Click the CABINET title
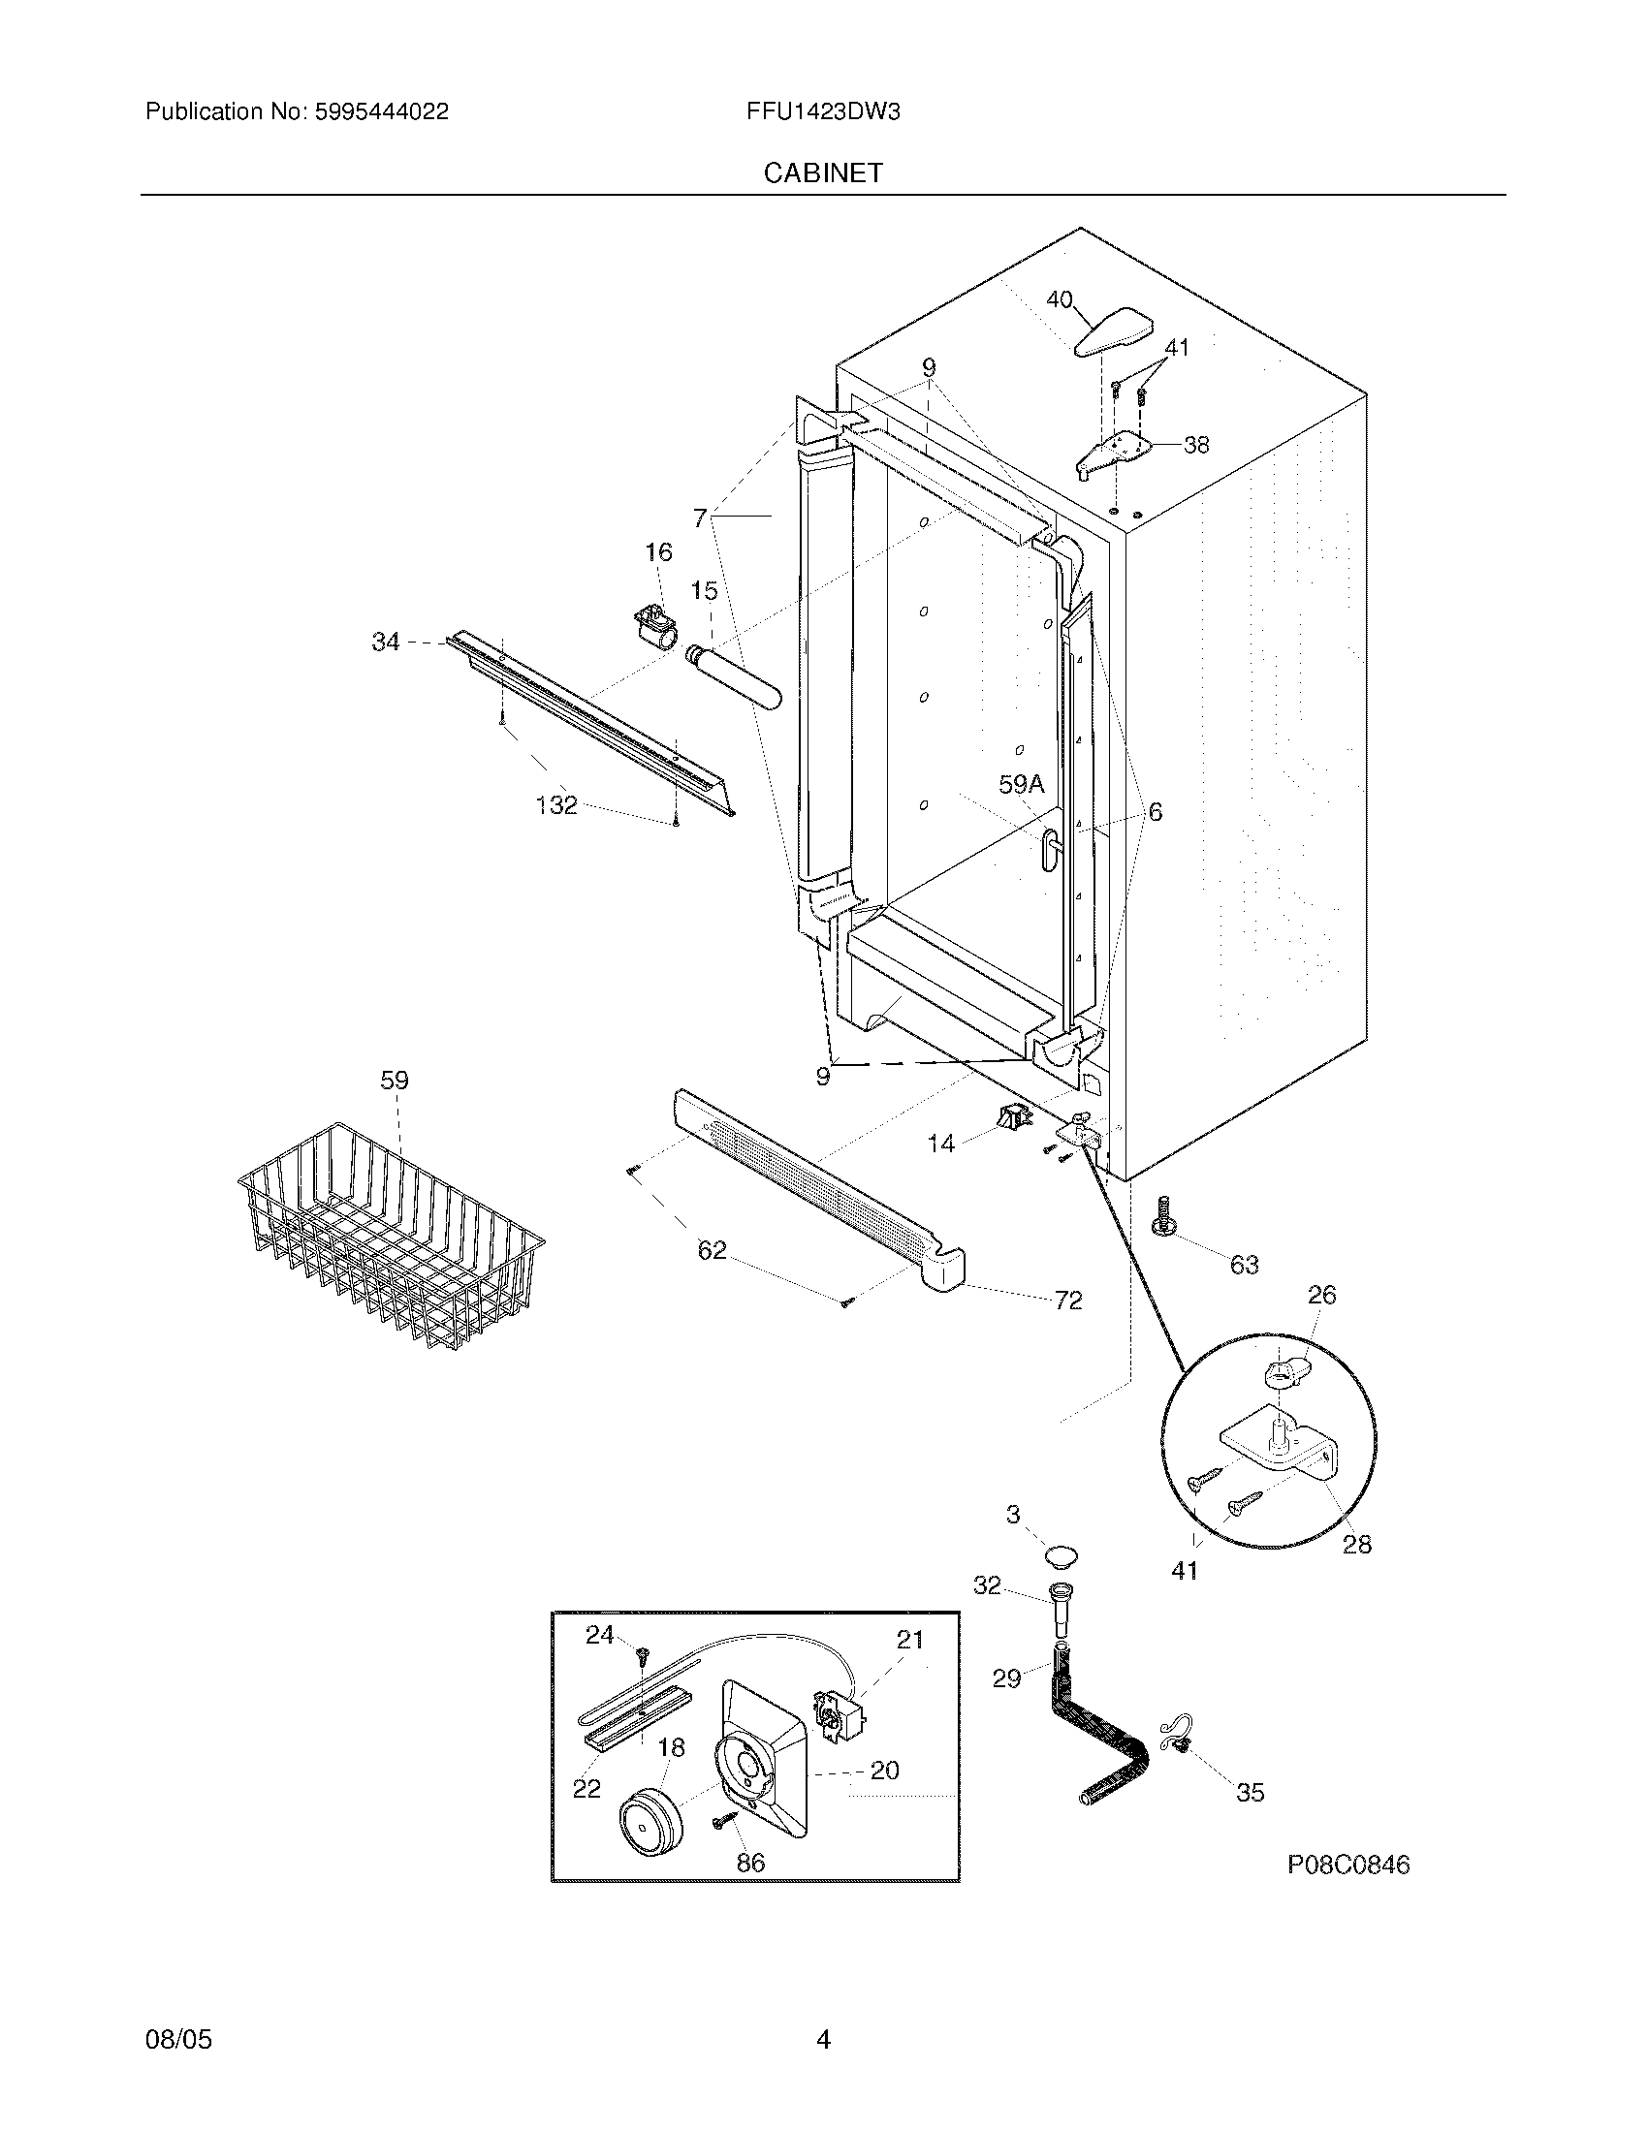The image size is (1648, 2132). (x=822, y=172)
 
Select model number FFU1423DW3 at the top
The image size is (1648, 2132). (x=822, y=112)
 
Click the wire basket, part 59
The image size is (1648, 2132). (x=391, y=1235)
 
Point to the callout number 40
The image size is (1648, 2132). (x=1060, y=299)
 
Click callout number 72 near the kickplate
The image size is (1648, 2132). (x=1068, y=1301)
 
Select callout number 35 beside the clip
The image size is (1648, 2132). (x=1250, y=1792)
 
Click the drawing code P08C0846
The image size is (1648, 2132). (x=1347, y=1865)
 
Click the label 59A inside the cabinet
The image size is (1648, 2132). (x=1021, y=783)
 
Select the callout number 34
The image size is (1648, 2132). (x=386, y=642)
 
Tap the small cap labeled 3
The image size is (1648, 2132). (x=1061, y=1552)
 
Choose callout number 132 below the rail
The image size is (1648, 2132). (x=556, y=805)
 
